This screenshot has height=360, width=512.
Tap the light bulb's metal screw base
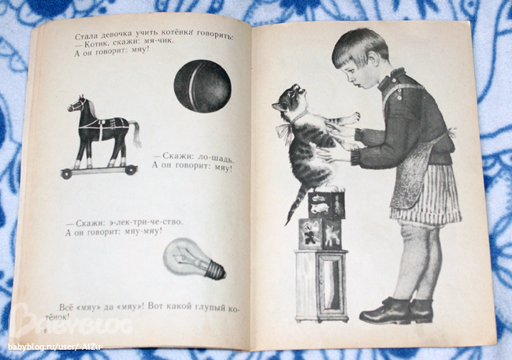point(215,269)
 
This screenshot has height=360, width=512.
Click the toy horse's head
point(77,103)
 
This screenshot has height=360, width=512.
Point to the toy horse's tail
point(135,133)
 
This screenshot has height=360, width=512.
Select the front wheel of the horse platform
point(66,174)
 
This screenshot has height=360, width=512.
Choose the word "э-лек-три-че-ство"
point(146,222)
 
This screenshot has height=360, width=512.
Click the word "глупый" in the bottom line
point(210,307)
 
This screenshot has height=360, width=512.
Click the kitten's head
point(288,98)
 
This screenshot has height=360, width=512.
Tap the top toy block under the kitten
point(327,205)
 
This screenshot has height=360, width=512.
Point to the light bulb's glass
point(184,257)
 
